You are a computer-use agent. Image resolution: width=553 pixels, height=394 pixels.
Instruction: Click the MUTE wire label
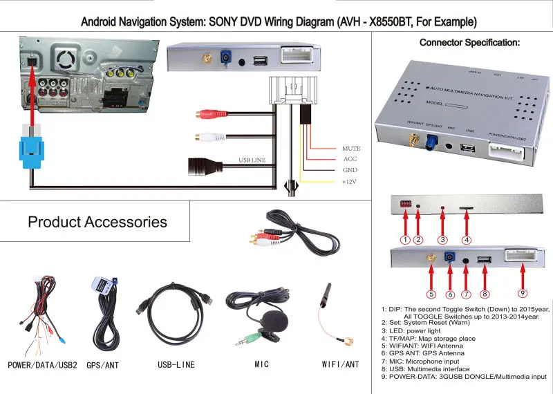click(x=351, y=149)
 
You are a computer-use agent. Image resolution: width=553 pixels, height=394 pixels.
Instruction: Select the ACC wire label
click(x=349, y=160)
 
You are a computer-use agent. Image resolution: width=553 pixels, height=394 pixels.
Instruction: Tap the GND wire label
click(x=350, y=170)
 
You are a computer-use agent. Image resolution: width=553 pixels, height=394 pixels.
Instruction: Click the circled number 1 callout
click(x=406, y=240)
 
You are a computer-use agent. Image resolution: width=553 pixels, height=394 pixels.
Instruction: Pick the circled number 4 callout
click(x=467, y=240)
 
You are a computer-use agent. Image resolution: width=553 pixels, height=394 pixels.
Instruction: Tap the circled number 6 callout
click(x=450, y=293)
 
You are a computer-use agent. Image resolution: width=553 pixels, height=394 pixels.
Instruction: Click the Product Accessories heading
click(x=97, y=222)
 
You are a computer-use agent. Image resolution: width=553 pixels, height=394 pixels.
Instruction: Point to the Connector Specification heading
click(x=470, y=43)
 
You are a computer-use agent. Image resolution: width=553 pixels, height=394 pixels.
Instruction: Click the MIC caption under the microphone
click(x=262, y=364)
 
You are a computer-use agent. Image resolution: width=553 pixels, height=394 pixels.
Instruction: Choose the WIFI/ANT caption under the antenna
click(x=341, y=364)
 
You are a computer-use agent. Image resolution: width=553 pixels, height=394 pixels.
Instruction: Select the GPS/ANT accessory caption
click(x=104, y=364)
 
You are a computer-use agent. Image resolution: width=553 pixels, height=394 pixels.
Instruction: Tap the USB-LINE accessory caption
click(x=176, y=364)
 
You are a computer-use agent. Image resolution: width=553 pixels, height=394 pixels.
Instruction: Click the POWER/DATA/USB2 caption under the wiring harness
click(x=43, y=364)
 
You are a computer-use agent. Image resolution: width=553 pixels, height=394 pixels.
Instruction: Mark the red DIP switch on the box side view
click(x=404, y=205)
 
